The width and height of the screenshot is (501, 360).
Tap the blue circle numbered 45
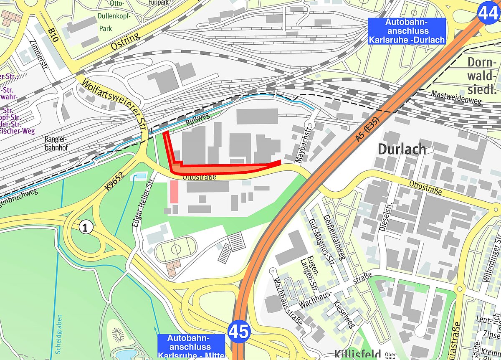point(239,332)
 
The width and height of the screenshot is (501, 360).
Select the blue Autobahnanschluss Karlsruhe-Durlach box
point(407,31)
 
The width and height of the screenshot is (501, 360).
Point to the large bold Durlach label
point(402,149)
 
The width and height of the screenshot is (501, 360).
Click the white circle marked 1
point(85,228)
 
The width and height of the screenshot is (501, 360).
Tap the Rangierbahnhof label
point(56,144)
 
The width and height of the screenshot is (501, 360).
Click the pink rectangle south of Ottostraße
point(174,193)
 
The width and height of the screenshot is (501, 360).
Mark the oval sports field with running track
point(176,249)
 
